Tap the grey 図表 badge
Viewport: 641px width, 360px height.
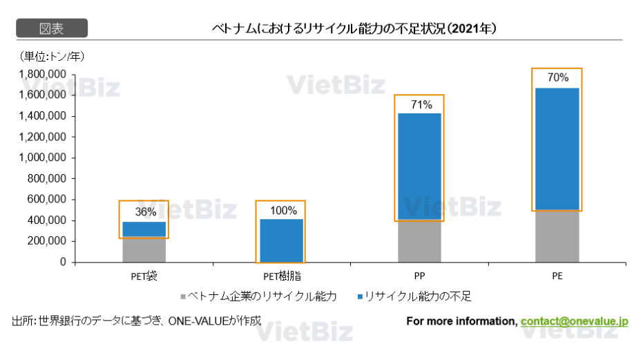(51, 28)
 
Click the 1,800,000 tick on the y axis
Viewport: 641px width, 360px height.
(43, 74)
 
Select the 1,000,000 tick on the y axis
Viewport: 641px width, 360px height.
(43, 158)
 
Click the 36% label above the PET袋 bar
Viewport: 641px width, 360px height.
(144, 211)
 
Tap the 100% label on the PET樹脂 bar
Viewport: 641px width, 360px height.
(281, 211)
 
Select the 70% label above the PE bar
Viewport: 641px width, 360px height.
(557, 78)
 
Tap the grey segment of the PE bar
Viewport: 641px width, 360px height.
(557, 236)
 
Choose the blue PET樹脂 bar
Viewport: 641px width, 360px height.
(281, 240)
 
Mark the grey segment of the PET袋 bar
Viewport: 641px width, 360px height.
(144, 249)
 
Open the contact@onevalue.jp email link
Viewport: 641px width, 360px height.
(574, 321)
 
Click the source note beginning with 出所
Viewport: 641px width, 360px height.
(136, 321)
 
